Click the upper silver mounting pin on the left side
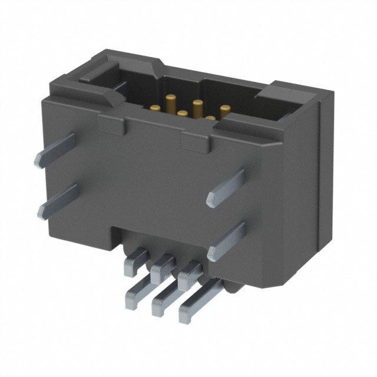tap(56, 150)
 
